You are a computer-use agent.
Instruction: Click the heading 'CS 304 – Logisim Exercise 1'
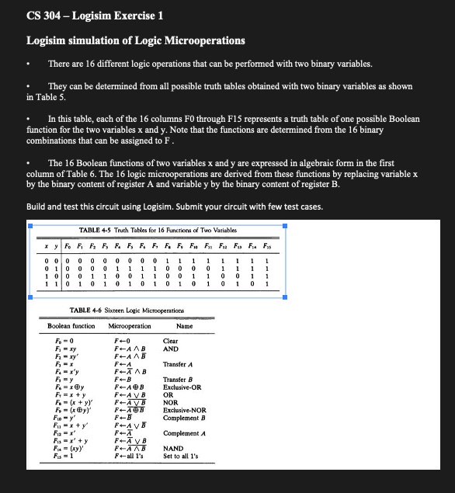pos(95,16)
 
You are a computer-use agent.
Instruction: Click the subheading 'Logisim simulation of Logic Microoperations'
pos(135,40)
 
